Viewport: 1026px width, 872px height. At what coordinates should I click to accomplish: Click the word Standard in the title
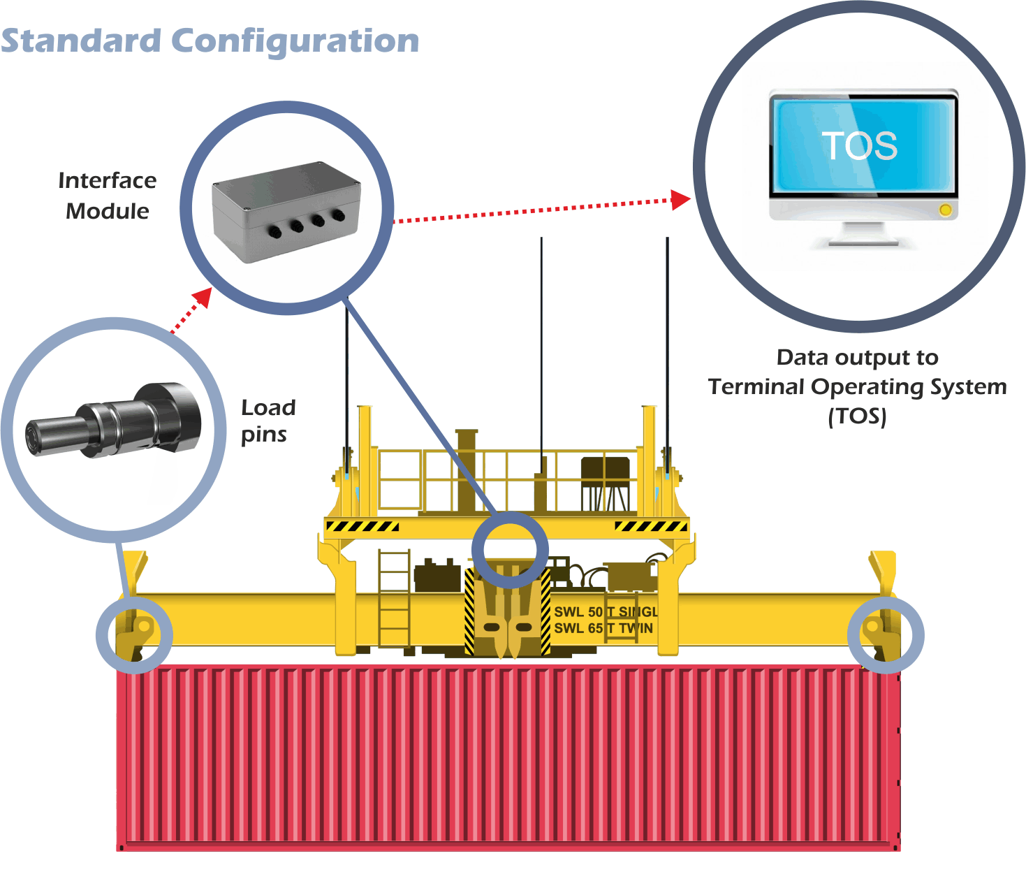(81, 41)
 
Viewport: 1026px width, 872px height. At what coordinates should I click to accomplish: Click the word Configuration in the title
(295, 42)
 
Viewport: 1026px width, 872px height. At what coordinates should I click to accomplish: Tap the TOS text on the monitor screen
(859, 145)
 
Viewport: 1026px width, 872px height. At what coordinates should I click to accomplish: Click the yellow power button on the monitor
(945, 210)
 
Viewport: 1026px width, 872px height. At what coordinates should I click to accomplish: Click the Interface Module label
(108, 196)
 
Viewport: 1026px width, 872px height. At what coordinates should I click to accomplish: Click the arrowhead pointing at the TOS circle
(680, 200)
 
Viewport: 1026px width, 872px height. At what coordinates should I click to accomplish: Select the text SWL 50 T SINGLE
(605, 612)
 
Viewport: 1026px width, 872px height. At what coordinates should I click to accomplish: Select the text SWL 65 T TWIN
(603, 628)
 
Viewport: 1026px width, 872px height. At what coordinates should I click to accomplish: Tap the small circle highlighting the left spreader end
(133, 634)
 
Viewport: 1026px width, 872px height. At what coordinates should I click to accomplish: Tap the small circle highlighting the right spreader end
(885, 635)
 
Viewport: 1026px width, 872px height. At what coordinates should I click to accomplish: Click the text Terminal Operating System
(857, 386)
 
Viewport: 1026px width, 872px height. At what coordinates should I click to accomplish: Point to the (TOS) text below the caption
(857, 416)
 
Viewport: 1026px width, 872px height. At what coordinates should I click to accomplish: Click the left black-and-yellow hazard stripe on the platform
(362, 526)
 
